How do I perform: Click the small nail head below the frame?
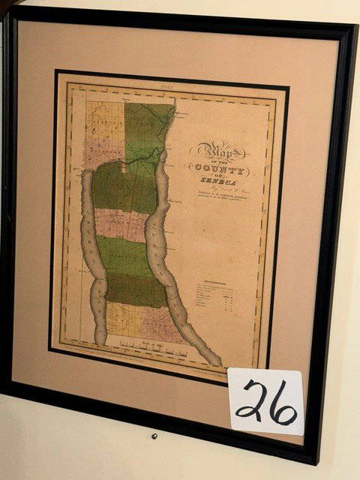(x=154, y=436)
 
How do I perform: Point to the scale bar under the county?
(x=150, y=346)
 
